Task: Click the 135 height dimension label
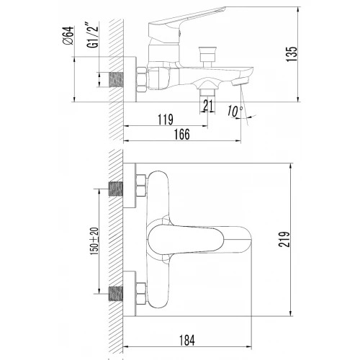[x=292, y=54]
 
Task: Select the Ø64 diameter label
[x=68, y=35]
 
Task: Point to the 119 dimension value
[x=166, y=120]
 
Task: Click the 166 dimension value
[x=182, y=134]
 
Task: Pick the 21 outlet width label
[x=208, y=105]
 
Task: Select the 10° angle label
[x=235, y=111]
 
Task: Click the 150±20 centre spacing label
[x=94, y=241]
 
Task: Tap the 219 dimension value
[x=284, y=239]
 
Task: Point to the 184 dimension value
[x=187, y=341]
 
